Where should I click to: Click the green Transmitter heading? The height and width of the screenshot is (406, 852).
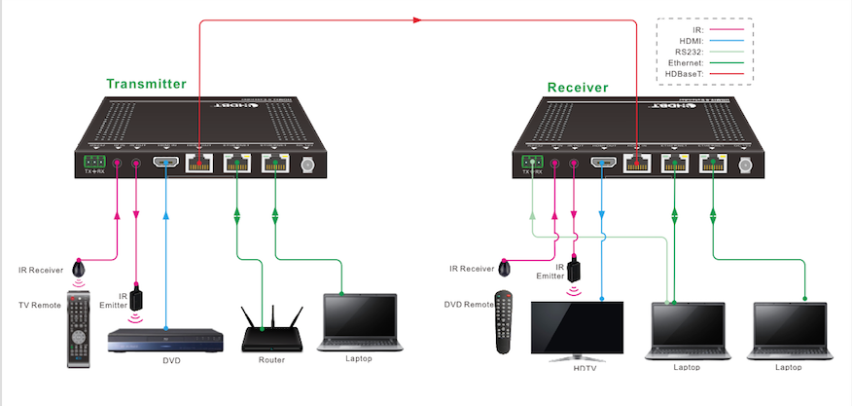tap(146, 84)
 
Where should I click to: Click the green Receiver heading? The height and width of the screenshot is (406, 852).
tap(578, 87)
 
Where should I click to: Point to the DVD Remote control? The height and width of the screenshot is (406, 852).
tap(503, 322)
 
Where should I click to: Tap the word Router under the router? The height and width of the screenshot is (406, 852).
tap(271, 360)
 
